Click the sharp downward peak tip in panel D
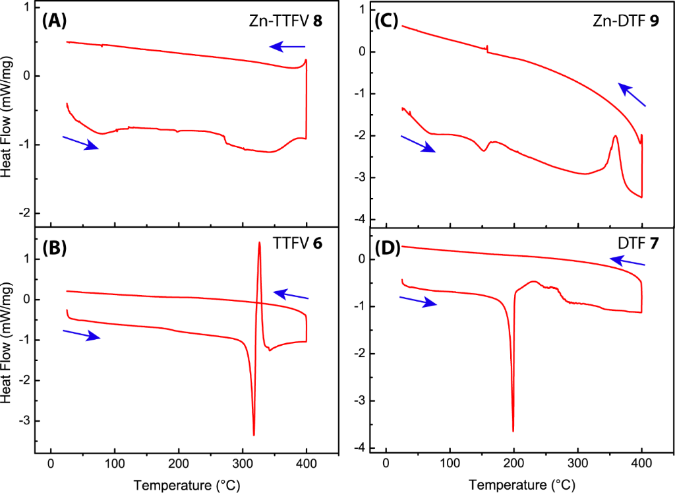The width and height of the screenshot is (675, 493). pyautogui.click(x=513, y=431)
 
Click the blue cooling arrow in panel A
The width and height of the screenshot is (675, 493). pyautogui.click(x=287, y=46)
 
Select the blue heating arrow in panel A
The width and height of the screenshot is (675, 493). pyautogui.click(x=80, y=143)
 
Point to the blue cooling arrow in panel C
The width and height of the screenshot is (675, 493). pyautogui.click(x=632, y=95)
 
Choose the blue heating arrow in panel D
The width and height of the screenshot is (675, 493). pyautogui.click(x=419, y=300)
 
